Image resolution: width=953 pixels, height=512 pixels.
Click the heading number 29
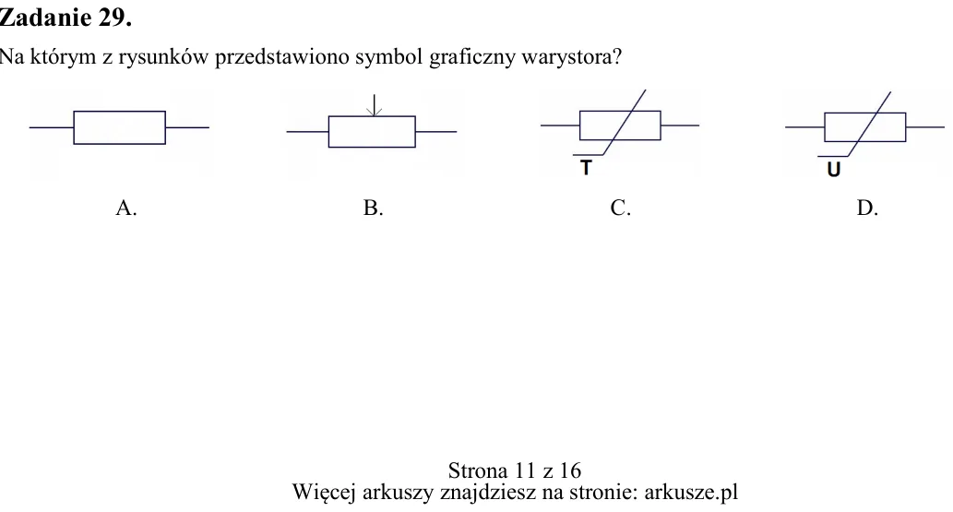[x=114, y=18]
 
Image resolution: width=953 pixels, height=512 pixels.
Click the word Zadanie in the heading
[x=45, y=18]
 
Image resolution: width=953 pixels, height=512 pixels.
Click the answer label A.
[x=125, y=208]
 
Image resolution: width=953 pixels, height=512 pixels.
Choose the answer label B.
[x=374, y=208]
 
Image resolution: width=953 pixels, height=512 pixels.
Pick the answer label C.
[x=621, y=208]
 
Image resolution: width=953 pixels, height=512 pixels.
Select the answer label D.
[x=867, y=208]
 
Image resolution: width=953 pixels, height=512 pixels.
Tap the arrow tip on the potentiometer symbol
[x=375, y=115]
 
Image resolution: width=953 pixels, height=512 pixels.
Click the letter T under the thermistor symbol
[x=586, y=167]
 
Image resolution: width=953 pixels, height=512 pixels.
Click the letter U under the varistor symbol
[x=834, y=169]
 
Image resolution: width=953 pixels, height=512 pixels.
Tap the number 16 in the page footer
[x=570, y=470]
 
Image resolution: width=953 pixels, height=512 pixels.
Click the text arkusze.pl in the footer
[x=691, y=492]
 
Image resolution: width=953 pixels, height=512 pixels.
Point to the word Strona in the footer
[x=478, y=470]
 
